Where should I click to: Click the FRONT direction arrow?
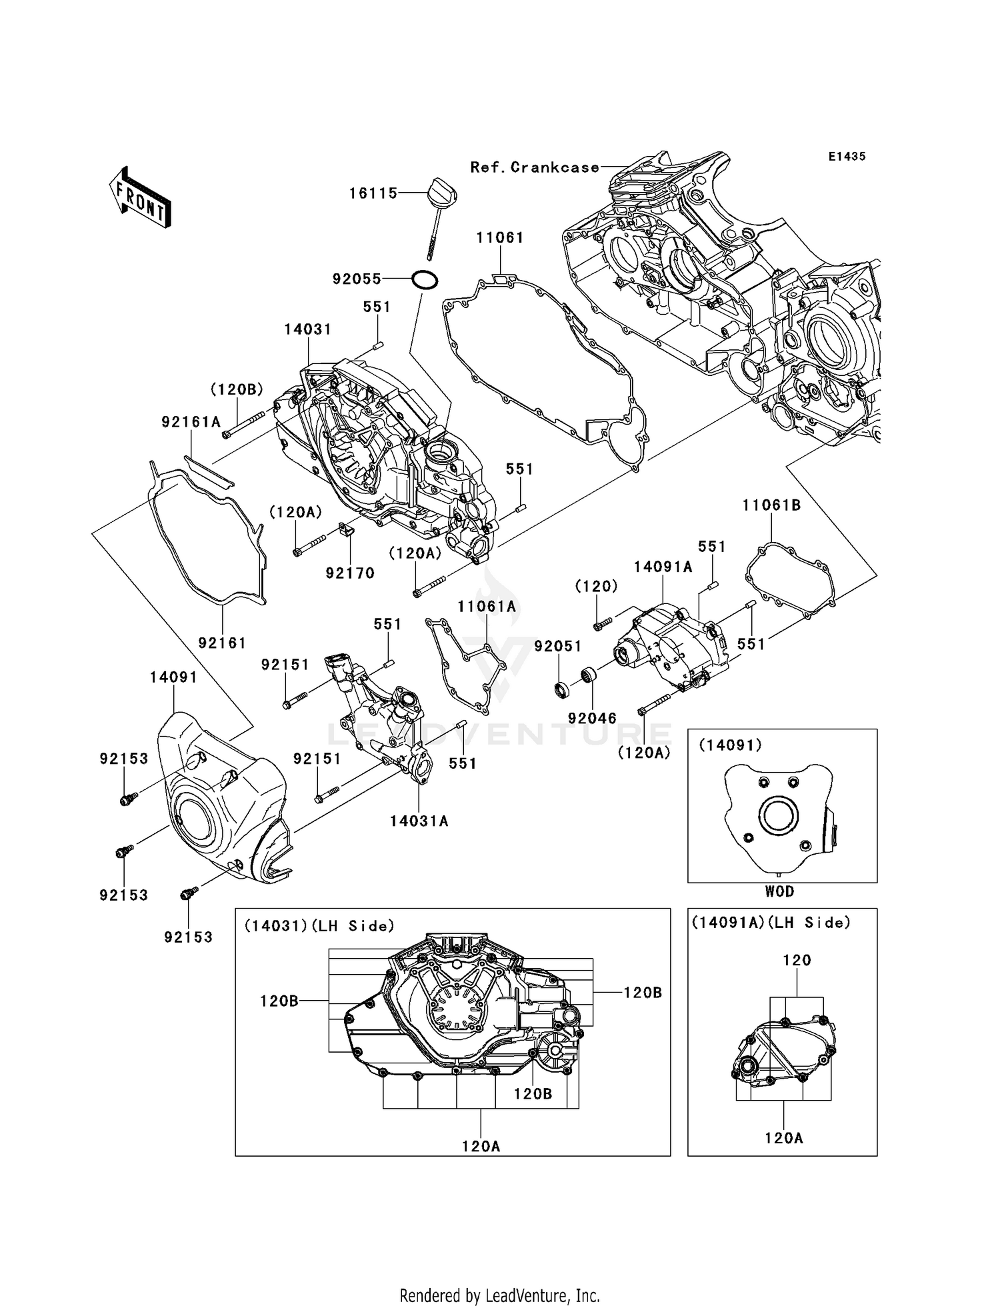(141, 200)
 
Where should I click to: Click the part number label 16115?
(373, 193)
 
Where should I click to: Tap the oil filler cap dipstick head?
(440, 191)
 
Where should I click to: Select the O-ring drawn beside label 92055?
(425, 279)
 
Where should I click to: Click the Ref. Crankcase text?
(535, 167)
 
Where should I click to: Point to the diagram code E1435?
(847, 157)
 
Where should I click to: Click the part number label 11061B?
(771, 506)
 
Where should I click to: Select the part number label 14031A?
(419, 821)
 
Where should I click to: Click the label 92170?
(350, 573)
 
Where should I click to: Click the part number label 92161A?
(191, 422)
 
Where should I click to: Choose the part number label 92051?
(558, 646)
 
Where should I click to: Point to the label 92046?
(592, 718)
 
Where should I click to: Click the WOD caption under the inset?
(779, 891)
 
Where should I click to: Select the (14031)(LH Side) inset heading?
(319, 926)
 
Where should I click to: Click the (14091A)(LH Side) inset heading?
(771, 923)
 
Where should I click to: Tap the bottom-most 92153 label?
(189, 937)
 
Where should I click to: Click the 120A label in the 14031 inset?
(481, 1146)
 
